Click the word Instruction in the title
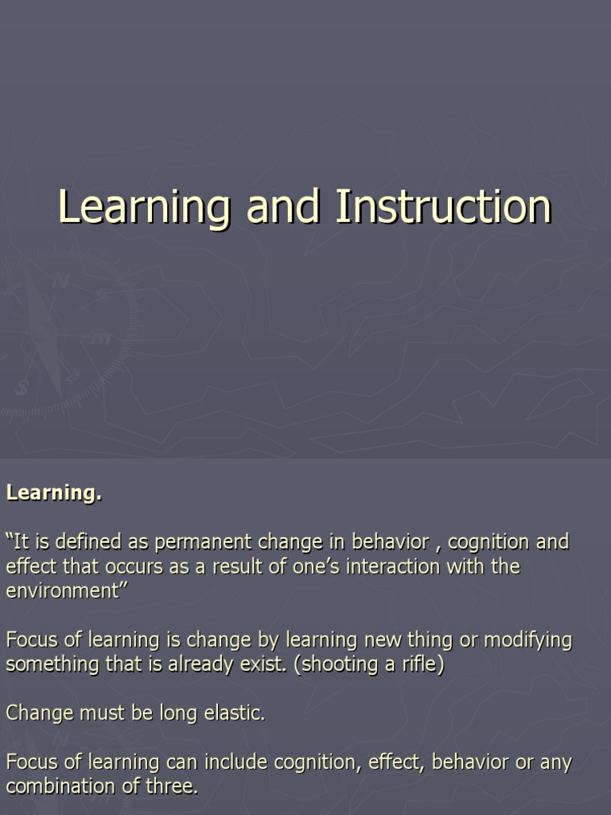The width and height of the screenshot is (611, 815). click(x=443, y=207)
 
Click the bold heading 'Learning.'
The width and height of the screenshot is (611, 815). click(x=54, y=493)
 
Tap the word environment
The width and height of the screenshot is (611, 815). click(x=61, y=591)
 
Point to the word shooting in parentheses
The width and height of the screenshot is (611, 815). click(x=333, y=665)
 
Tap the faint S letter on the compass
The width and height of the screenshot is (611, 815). click(x=21, y=388)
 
